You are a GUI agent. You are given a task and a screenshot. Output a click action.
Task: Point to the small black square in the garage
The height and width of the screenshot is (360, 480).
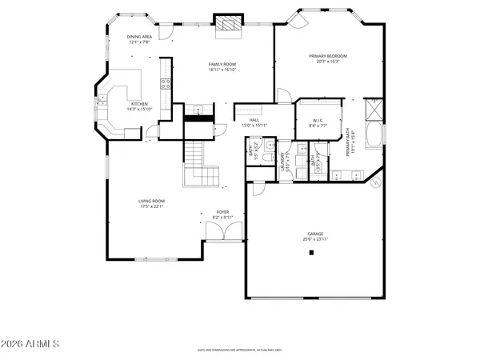[x=311, y=253]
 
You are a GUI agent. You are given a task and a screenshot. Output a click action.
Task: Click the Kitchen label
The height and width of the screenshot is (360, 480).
[x=139, y=103]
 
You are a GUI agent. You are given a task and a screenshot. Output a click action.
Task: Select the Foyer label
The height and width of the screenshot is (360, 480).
[x=222, y=212]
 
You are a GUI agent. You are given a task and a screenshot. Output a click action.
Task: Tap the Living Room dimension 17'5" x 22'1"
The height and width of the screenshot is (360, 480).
[x=151, y=206]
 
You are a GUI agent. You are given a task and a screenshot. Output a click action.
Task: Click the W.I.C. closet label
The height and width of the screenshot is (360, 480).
[x=318, y=121]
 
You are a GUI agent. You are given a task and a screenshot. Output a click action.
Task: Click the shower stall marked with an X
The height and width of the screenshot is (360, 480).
[x=374, y=107]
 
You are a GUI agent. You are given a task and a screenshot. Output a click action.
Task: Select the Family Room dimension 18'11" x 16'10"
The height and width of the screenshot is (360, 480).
[x=223, y=70]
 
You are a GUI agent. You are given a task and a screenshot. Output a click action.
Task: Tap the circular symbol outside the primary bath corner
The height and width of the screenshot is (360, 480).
[x=374, y=182]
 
